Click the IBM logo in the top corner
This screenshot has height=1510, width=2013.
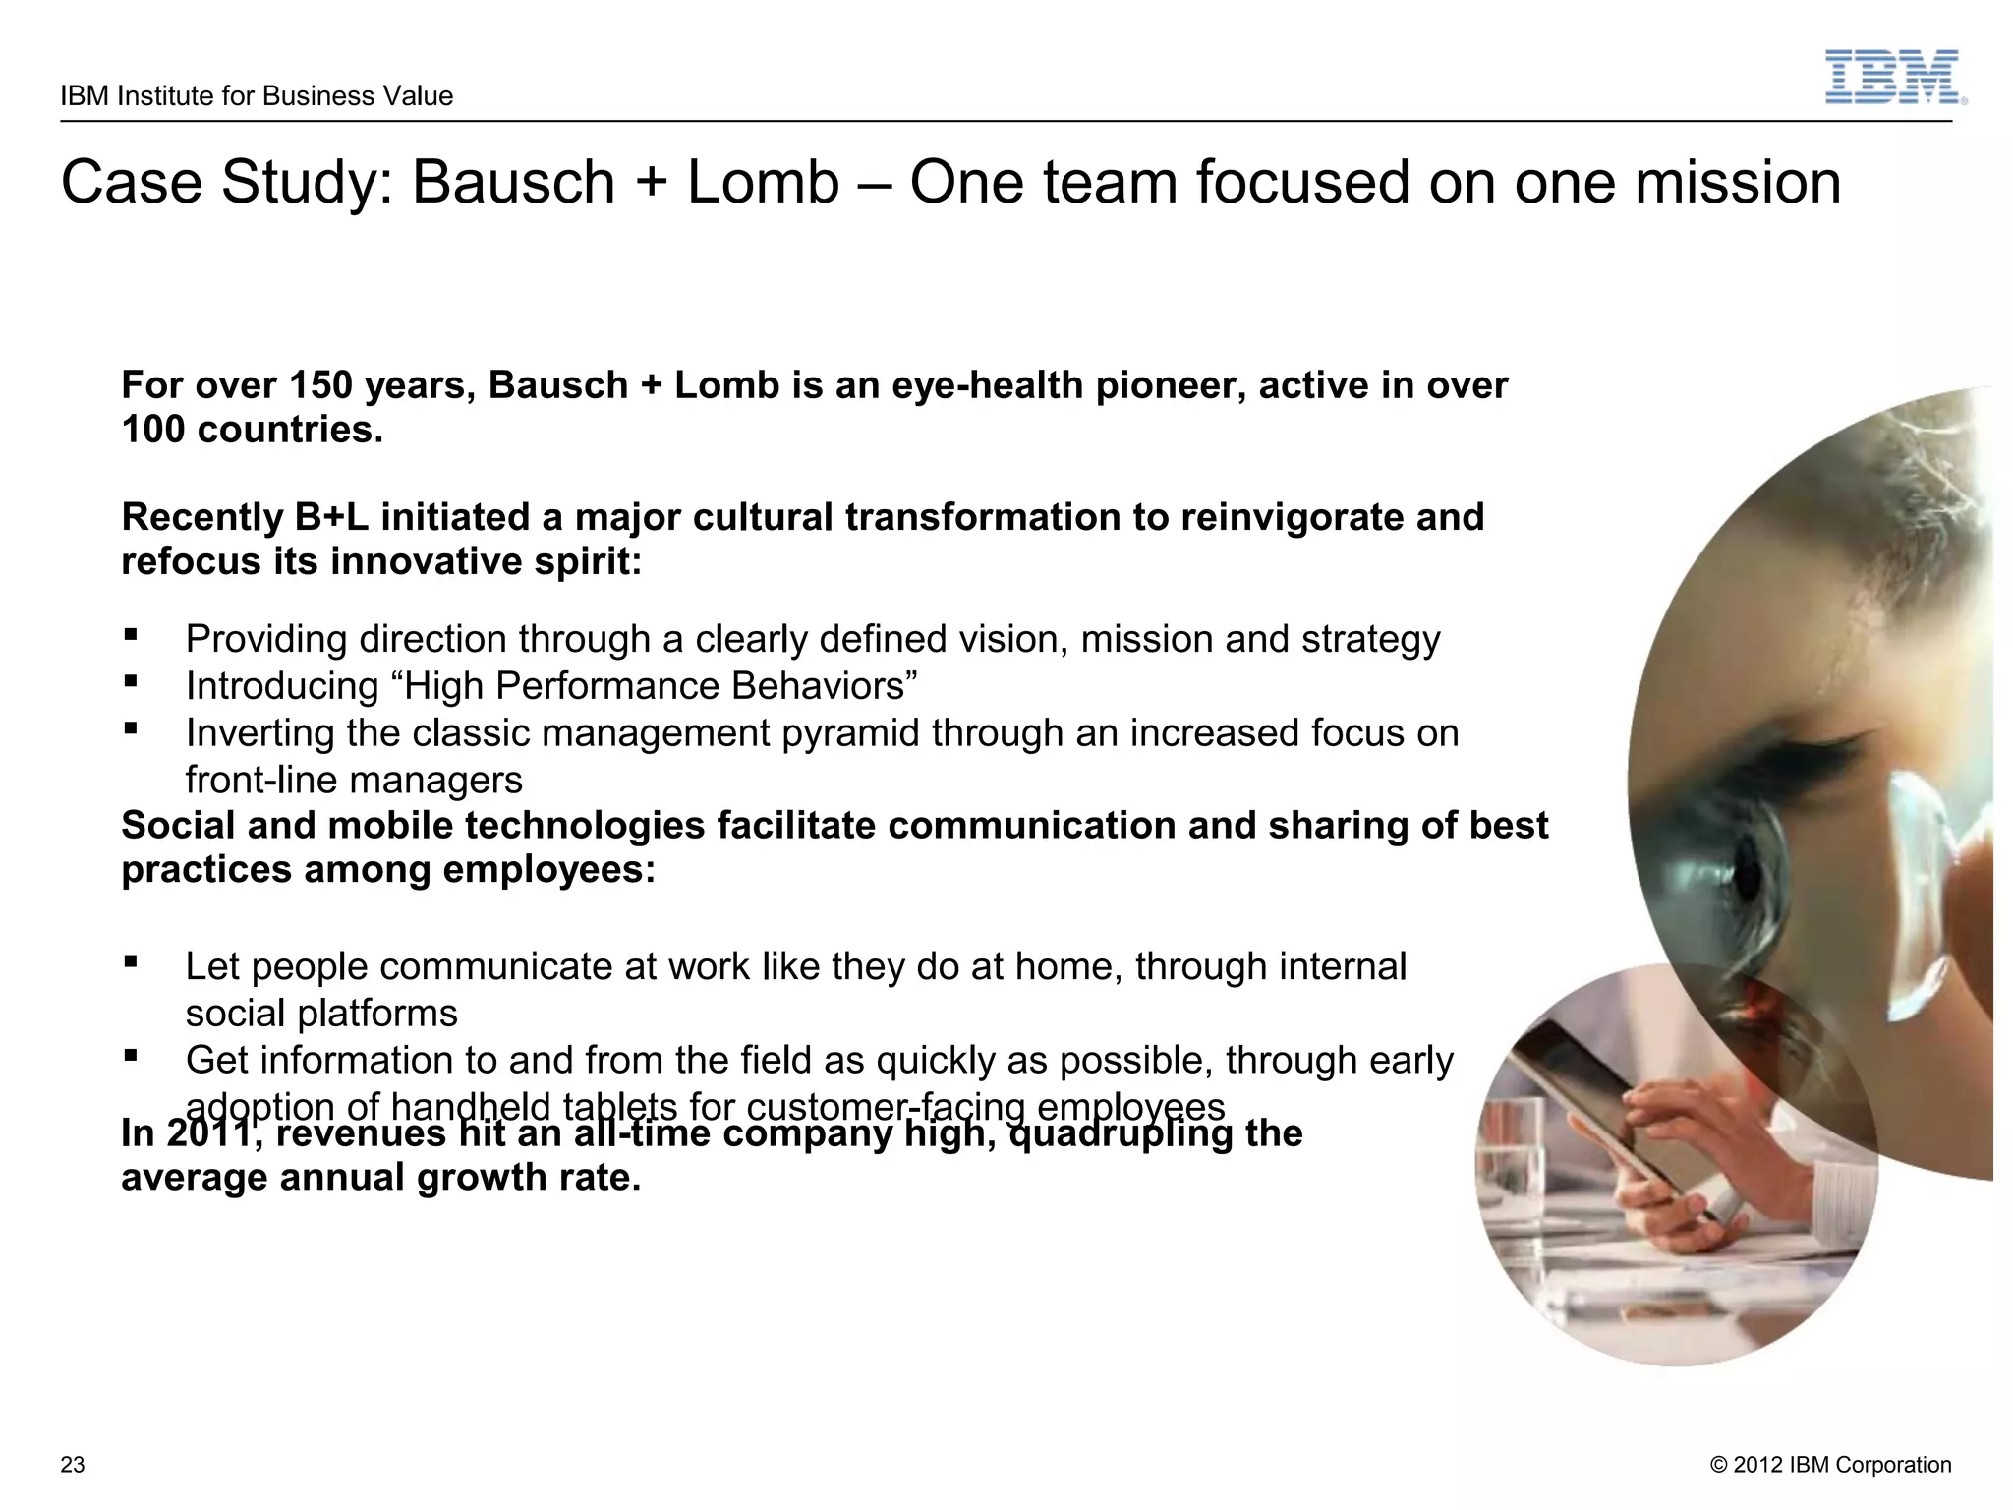pos(1894,78)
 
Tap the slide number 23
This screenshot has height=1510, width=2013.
pos(73,1465)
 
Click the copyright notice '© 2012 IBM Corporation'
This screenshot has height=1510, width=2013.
pos(1830,1465)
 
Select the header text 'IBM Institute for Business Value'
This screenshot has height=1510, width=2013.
pos(257,96)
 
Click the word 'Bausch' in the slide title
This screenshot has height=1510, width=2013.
pos(513,183)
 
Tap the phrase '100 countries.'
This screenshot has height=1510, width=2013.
pos(252,430)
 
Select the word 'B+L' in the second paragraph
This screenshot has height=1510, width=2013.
pos(330,517)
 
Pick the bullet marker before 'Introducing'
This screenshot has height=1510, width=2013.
pos(130,681)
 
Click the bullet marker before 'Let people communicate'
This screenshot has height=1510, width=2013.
pos(130,962)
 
